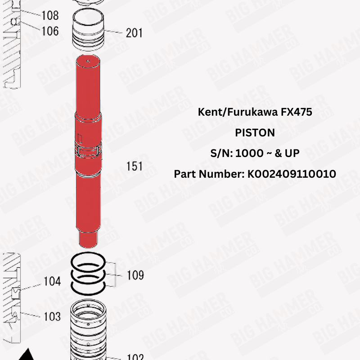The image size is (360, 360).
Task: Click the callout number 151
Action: pos(134,166)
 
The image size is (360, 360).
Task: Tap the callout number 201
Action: pos(134,33)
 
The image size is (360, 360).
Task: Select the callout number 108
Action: pos(50,15)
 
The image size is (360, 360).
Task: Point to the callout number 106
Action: pos(50,31)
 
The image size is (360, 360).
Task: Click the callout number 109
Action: pos(135,275)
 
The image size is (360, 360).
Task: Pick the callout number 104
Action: pos(52,282)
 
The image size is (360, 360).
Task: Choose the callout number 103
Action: pos(52,316)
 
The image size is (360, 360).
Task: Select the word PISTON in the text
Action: pos(255,133)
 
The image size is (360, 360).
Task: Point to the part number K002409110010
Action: pos(292,174)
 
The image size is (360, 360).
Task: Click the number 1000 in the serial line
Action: pos(250,153)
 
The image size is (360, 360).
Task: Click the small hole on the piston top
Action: pos(89,61)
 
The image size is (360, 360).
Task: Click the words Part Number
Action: pos(209,174)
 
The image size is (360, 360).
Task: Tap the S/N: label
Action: pos(221,153)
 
